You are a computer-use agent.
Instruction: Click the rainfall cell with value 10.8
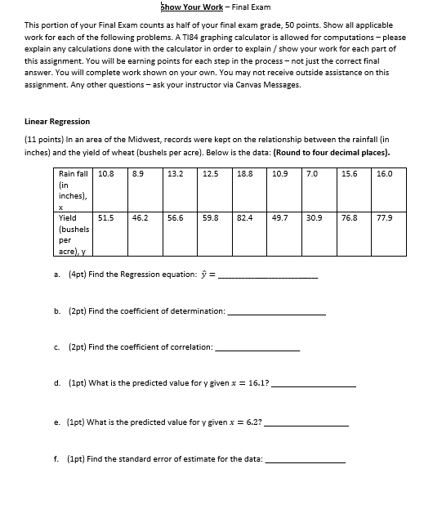coord(105,174)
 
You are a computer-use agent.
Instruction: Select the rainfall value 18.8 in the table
coord(244,174)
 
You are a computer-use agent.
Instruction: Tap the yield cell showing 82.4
coord(244,218)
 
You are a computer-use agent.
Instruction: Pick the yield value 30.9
coord(314,218)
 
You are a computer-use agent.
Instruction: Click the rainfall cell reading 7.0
coord(312,174)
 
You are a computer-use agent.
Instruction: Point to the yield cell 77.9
coord(384,218)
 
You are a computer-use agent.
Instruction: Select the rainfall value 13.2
coord(175,174)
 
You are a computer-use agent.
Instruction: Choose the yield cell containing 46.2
coord(140,218)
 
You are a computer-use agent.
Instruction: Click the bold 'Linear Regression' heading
coord(57,122)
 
